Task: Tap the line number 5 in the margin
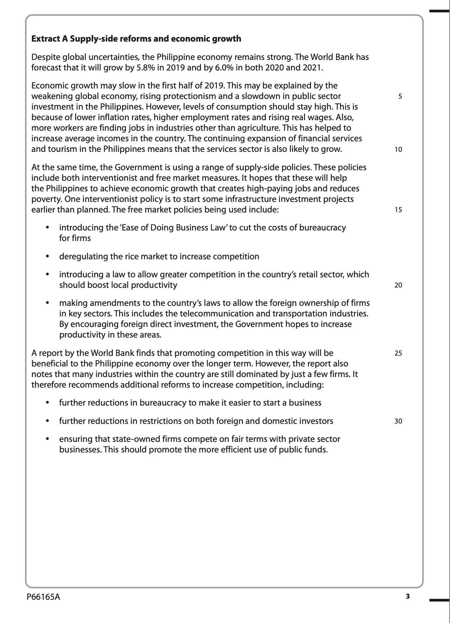point(400,96)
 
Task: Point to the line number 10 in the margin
point(398,149)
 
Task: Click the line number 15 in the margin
point(398,210)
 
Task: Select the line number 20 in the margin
point(398,285)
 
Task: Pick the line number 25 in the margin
point(398,353)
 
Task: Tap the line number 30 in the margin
point(398,421)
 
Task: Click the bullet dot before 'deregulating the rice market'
point(47,257)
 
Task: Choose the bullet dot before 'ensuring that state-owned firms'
point(47,439)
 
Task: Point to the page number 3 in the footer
point(408,597)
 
